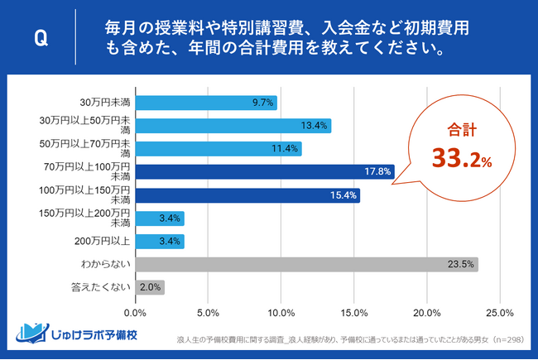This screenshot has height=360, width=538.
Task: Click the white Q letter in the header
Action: coord(39,38)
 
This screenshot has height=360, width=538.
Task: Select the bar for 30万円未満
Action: coord(205,103)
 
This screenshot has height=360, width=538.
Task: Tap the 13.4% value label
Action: coord(315,126)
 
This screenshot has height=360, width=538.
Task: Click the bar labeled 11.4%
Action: coord(218,149)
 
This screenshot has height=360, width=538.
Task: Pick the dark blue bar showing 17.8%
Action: coord(264,172)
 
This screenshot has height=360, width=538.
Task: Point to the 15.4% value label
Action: coord(344,196)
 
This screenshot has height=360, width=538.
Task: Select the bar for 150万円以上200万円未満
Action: coord(159,219)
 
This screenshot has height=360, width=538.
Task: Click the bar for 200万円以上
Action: coord(159,242)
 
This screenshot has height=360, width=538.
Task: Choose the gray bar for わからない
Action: coord(305,266)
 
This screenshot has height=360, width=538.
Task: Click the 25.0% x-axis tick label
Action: coord(500,313)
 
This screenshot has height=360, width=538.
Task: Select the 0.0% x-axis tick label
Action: coord(135,313)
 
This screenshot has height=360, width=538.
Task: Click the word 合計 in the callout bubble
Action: coord(458,130)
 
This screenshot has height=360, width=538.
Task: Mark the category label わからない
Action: coord(105,266)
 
